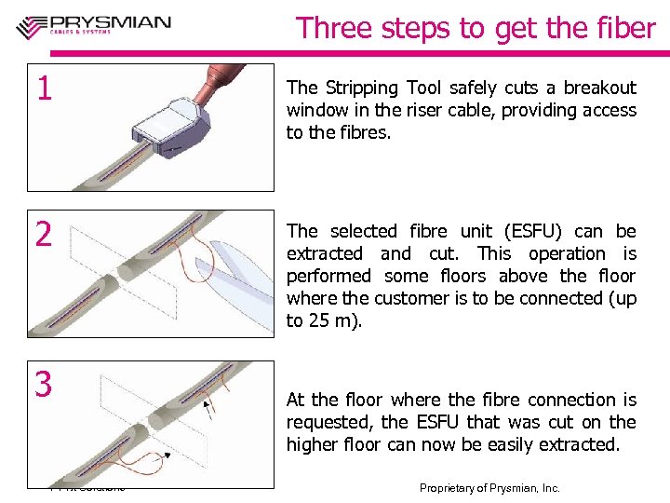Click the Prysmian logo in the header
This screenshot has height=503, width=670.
(93, 26)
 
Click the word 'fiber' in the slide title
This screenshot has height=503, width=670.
(624, 28)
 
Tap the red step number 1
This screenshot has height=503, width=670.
(43, 88)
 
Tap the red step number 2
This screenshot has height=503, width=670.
(43, 235)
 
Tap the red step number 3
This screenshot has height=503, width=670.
(43, 384)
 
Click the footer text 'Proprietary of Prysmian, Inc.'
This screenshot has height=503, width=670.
(489, 488)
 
